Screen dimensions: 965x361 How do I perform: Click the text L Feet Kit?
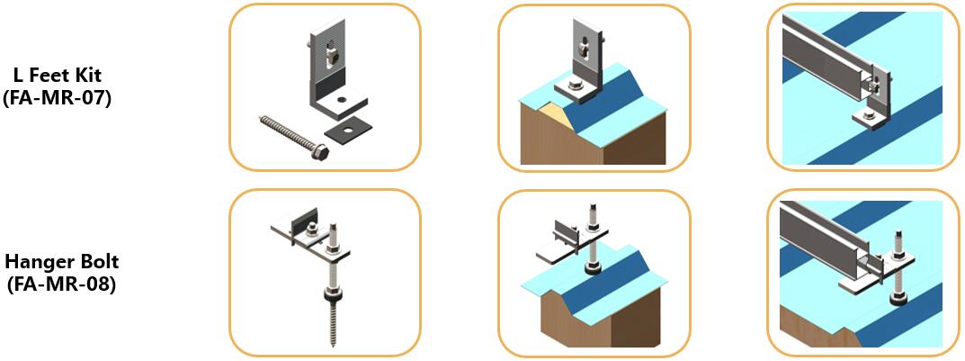tap(57, 77)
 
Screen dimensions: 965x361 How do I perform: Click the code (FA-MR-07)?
tap(57, 98)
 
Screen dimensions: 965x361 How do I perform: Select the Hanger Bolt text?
tap(61, 263)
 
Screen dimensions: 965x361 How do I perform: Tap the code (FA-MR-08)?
tap(61, 284)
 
